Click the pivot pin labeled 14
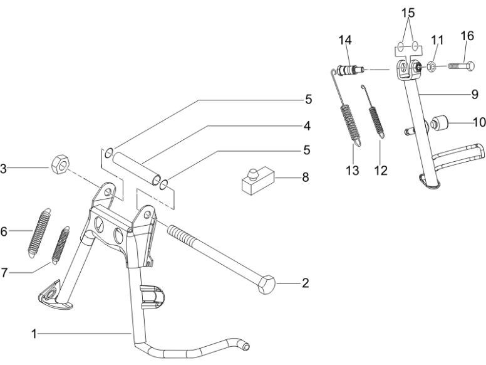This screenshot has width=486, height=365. [349, 67]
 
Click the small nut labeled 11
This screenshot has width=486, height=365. [433, 66]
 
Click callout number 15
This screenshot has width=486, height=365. [408, 13]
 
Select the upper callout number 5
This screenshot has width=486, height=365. [308, 99]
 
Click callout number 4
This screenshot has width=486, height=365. [308, 125]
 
